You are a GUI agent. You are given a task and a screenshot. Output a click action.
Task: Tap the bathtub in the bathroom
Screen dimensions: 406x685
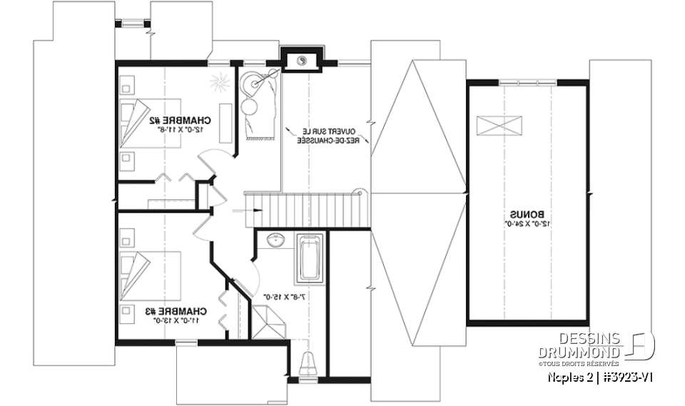308,258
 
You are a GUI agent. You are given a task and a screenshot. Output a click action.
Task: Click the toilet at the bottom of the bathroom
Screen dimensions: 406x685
308,362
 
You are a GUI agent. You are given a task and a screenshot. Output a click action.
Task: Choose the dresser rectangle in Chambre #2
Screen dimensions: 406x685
225,119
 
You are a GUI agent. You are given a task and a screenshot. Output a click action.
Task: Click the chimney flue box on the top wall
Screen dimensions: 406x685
303,61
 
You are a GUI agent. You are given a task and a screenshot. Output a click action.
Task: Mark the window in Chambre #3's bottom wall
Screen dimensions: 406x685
187,344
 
